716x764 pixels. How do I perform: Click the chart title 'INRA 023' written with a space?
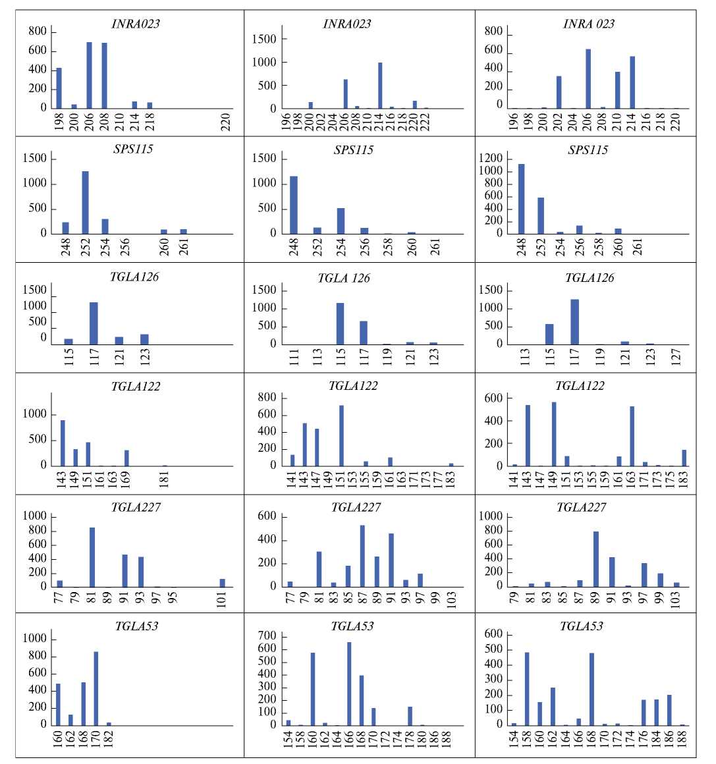click(588, 24)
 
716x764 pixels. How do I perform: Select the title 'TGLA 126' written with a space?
click(343, 278)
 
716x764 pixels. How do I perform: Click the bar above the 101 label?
click(222, 582)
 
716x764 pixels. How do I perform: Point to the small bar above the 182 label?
click(109, 723)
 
